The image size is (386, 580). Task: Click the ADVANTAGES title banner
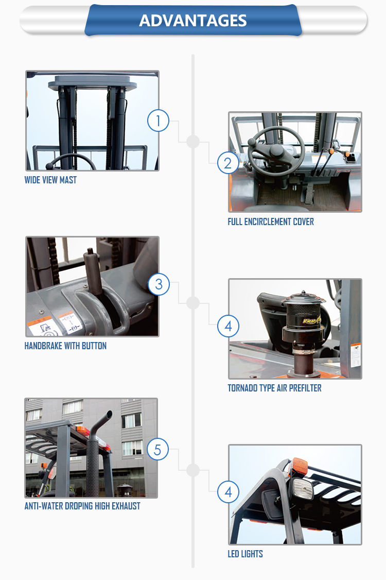click(x=193, y=20)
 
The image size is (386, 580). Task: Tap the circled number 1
click(x=158, y=121)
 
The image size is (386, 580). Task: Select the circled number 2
click(x=228, y=163)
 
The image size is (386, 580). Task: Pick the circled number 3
click(x=159, y=284)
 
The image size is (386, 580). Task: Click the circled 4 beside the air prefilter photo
click(x=228, y=326)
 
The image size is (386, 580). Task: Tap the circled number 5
click(x=157, y=450)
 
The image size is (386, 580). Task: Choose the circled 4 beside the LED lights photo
click(x=228, y=492)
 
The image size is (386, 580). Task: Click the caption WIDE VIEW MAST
click(x=50, y=180)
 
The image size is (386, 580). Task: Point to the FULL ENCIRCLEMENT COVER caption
click(x=271, y=221)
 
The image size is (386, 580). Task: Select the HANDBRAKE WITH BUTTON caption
click(x=65, y=346)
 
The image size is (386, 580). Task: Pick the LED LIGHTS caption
click(x=245, y=554)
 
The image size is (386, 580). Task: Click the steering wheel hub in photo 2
click(x=276, y=151)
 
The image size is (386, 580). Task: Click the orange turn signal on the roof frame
click(x=300, y=465)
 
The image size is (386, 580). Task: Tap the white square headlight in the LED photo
click(x=303, y=488)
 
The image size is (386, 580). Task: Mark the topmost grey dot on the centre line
click(x=193, y=141)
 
